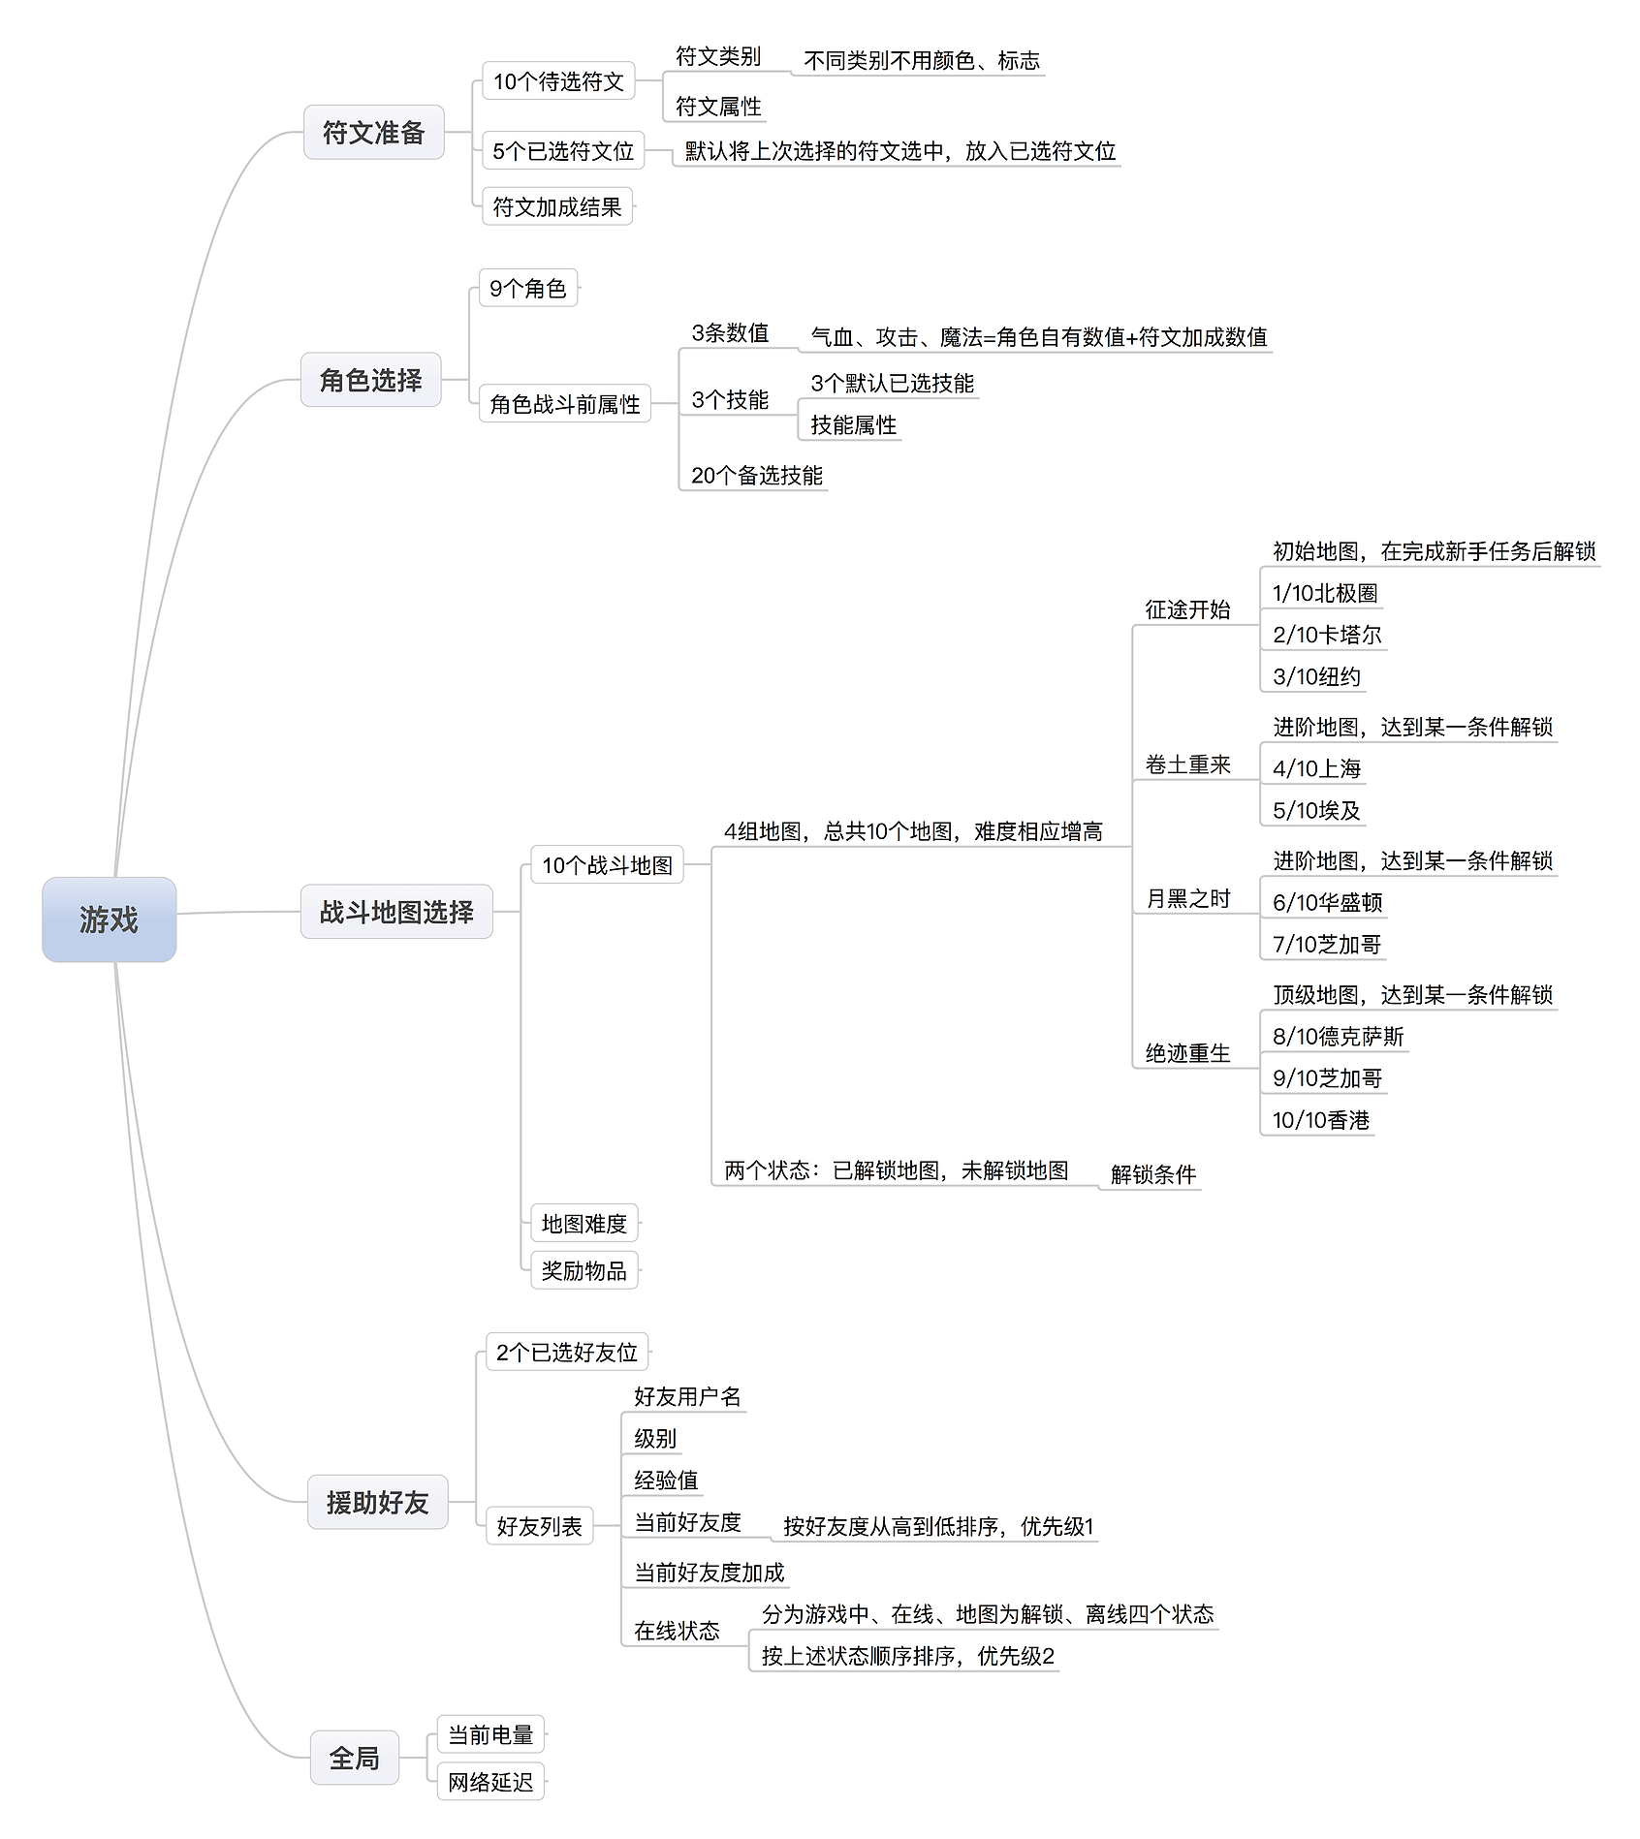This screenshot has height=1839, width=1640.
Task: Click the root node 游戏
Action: pyautogui.click(x=109, y=919)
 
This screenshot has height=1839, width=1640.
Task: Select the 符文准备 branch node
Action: pyautogui.click(x=373, y=132)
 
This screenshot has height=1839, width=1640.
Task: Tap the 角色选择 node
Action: pyautogui.click(x=370, y=380)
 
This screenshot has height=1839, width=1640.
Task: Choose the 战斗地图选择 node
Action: pyautogui.click(x=396, y=912)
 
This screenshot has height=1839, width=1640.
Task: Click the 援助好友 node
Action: pyautogui.click(x=377, y=1502)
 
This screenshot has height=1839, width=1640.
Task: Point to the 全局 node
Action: pyautogui.click(x=354, y=1758)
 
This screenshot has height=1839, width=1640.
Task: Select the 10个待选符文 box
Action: pyautogui.click(x=558, y=81)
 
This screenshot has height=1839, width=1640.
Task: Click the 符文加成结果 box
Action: pyautogui.click(x=557, y=206)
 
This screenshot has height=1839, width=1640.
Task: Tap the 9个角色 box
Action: pyautogui.click(x=528, y=288)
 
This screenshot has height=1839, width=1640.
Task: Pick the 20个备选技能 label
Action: pyautogui.click(x=757, y=475)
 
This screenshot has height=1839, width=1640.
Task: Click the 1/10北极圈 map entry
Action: pyautogui.click(x=1325, y=593)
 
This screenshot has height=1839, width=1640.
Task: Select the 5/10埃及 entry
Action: pyautogui.click(x=1316, y=810)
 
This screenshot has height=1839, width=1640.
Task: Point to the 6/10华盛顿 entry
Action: pyautogui.click(x=1327, y=902)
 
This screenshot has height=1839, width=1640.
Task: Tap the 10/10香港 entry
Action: pyautogui.click(x=1321, y=1120)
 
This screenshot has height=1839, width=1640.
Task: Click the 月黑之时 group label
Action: pyautogui.click(x=1188, y=898)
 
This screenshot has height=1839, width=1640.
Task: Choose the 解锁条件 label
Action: pyautogui.click(x=1153, y=1174)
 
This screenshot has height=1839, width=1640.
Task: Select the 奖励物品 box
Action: pyautogui.click(x=584, y=1270)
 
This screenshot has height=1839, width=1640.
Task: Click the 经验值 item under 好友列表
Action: pyautogui.click(x=666, y=1480)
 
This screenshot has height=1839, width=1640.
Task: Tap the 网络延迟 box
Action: pyautogui.click(x=490, y=1782)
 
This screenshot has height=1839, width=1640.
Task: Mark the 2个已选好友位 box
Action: pyautogui.click(x=567, y=1352)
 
